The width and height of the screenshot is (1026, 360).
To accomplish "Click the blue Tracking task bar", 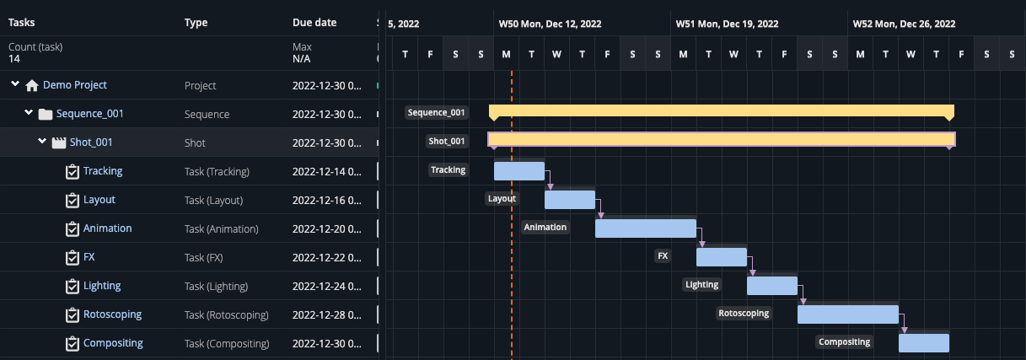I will pyautogui.click(x=518, y=171).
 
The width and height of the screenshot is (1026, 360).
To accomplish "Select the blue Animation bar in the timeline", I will pyautogui.click(x=645, y=228).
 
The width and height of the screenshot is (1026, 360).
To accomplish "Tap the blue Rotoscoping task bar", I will pyautogui.click(x=847, y=314).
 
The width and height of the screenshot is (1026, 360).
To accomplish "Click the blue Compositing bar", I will pyautogui.click(x=923, y=343).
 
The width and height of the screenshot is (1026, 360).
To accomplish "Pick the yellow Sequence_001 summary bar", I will pyautogui.click(x=721, y=111).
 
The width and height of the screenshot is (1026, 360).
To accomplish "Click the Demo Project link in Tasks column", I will pyautogui.click(x=74, y=85).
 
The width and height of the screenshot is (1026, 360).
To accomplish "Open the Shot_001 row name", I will pyautogui.click(x=90, y=142).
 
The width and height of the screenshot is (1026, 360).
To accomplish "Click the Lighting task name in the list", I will pyautogui.click(x=102, y=286).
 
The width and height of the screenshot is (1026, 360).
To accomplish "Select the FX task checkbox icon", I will pyautogui.click(x=73, y=258).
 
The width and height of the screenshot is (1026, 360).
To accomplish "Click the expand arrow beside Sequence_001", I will pyautogui.click(x=29, y=113).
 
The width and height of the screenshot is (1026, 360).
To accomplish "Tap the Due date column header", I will pyautogui.click(x=314, y=23).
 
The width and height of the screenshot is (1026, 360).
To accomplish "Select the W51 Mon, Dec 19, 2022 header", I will pyautogui.click(x=727, y=24).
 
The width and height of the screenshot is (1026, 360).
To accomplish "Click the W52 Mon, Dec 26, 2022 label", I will pyautogui.click(x=904, y=24).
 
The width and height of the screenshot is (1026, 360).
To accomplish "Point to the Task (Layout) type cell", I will pyautogui.click(x=213, y=201).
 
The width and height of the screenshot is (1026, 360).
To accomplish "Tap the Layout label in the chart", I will pyautogui.click(x=502, y=199).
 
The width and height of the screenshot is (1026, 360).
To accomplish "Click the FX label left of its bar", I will pyautogui.click(x=663, y=255).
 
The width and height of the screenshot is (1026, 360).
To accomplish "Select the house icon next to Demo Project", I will pyautogui.click(x=32, y=85).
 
